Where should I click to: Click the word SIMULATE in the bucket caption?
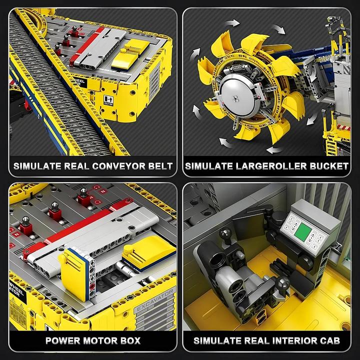click(206, 166)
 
